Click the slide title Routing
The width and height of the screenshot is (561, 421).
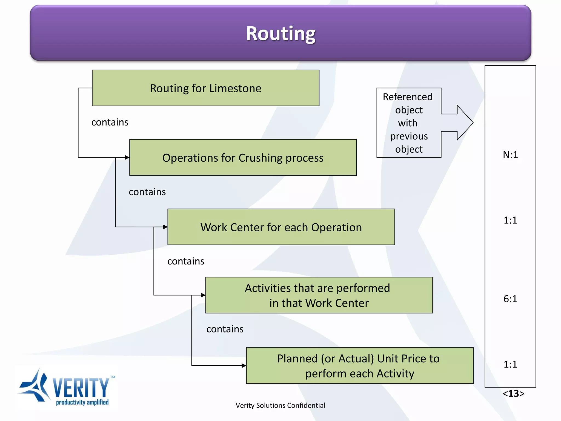tap(280, 33)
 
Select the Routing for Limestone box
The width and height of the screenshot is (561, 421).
tap(205, 88)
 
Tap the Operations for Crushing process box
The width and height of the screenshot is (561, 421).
tap(243, 158)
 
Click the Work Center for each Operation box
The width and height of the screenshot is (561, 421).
tap(281, 227)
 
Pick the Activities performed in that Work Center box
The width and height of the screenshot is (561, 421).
tap(319, 295)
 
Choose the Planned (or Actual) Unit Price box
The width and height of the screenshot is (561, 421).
tap(359, 366)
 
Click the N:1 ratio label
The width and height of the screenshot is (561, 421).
tap(510, 155)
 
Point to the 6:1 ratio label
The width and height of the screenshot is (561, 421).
tap(510, 299)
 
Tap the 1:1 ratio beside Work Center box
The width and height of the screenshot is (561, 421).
tap(510, 220)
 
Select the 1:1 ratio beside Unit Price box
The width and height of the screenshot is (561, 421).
tap(510, 364)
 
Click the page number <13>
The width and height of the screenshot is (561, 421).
tap(513, 394)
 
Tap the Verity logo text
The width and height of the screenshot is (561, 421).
tap(81, 388)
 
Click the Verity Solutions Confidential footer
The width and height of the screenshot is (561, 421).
tap(280, 405)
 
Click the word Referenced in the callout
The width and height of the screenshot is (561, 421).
tap(408, 97)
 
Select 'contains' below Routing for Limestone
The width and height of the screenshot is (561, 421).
tap(110, 122)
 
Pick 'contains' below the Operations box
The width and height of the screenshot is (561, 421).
tap(147, 192)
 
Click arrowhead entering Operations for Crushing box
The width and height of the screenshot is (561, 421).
tap(127, 157)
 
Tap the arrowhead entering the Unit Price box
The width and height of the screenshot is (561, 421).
tap(244, 365)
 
